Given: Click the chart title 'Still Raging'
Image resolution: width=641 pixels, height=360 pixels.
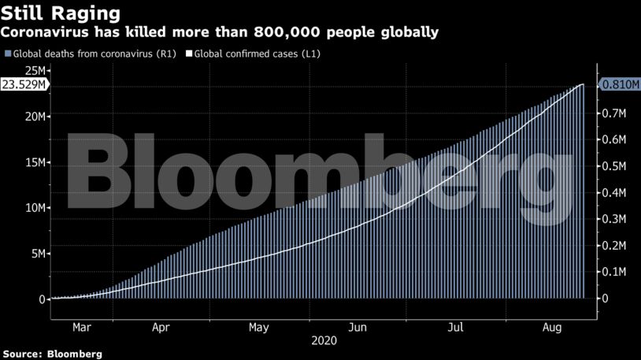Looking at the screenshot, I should pyautogui.click(x=61, y=13).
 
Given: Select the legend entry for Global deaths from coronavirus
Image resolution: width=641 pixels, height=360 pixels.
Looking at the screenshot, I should pyautogui.click(x=91, y=54).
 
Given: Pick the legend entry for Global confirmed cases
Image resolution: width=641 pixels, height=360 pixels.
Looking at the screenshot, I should pyautogui.click(x=251, y=54).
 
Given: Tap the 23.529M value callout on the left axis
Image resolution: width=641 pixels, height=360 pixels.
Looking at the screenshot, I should pyautogui.click(x=24, y=84).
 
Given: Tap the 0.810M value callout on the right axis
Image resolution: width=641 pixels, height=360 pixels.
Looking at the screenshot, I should pyautogui.click(x=618, y=84).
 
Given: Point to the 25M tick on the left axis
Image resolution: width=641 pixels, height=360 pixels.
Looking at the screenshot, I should pyautogui.click(x=34, y=72).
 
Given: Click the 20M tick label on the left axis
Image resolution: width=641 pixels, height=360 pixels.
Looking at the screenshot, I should pyautogui.click(x=34, y=117).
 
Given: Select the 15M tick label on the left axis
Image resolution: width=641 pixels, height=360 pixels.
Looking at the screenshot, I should pyautogui.click(x=34, y=162).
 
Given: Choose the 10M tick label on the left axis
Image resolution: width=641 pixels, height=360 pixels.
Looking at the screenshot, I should pyautogui.click(x=34, y=208).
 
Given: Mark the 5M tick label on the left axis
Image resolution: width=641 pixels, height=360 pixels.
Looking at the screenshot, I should pyautogui.click(x=37, y=254).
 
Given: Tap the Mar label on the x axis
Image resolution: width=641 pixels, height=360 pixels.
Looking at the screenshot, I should pyautogui.click(x=81, y=327).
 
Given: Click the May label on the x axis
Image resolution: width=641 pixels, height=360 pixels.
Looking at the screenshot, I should pyautogui.click(x=259, y=327).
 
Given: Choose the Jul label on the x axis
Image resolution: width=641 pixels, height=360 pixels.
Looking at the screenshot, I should pyautogui.click(x=456, y=327).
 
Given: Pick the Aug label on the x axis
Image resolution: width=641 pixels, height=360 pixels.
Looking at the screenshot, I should pyautogui.click(x=551, y=327).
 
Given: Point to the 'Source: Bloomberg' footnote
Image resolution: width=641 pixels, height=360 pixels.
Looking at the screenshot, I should pyautogui.click(x=51, y=354).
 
